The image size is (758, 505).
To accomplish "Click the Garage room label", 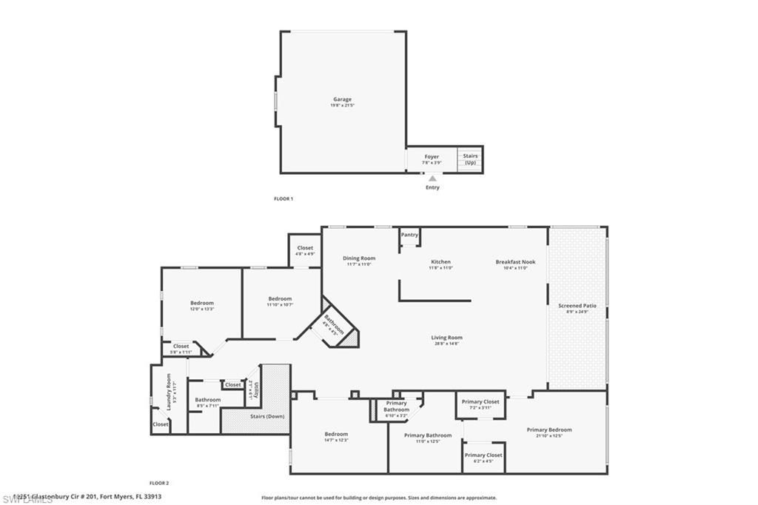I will click(342, 99).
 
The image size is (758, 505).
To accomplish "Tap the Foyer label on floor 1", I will click(432, 157).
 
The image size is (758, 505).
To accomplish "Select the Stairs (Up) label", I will click(470, 159).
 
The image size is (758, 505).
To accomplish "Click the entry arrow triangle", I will click(432, 178).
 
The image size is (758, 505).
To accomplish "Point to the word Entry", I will click(432, 187).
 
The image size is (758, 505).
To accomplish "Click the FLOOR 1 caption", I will click(284, 198).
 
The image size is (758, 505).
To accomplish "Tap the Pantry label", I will click(409, 235).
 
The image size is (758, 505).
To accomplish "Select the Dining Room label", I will click(360, 258).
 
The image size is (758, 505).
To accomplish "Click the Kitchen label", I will click(441, 261).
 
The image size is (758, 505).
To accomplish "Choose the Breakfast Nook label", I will click(515, 261).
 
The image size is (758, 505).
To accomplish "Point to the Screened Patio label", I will click(577, 305).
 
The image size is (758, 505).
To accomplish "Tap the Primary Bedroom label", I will click(549, 429).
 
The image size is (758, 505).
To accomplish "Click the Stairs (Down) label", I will click(266, 416).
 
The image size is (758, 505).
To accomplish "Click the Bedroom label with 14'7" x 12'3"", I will click(336, 434).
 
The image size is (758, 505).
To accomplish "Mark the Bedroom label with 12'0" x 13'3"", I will click(202, 303).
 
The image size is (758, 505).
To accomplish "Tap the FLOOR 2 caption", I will click(159, 483).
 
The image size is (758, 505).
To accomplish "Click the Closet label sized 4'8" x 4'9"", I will click(305, 248).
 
